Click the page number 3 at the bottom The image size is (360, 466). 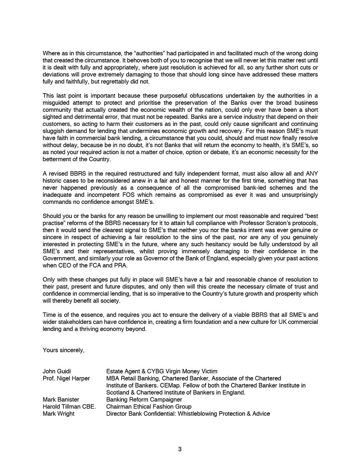[180, 449]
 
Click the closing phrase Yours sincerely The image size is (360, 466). [63, 350]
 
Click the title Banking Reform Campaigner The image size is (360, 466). [144, 400]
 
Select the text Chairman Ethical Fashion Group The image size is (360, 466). [149, 407]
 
